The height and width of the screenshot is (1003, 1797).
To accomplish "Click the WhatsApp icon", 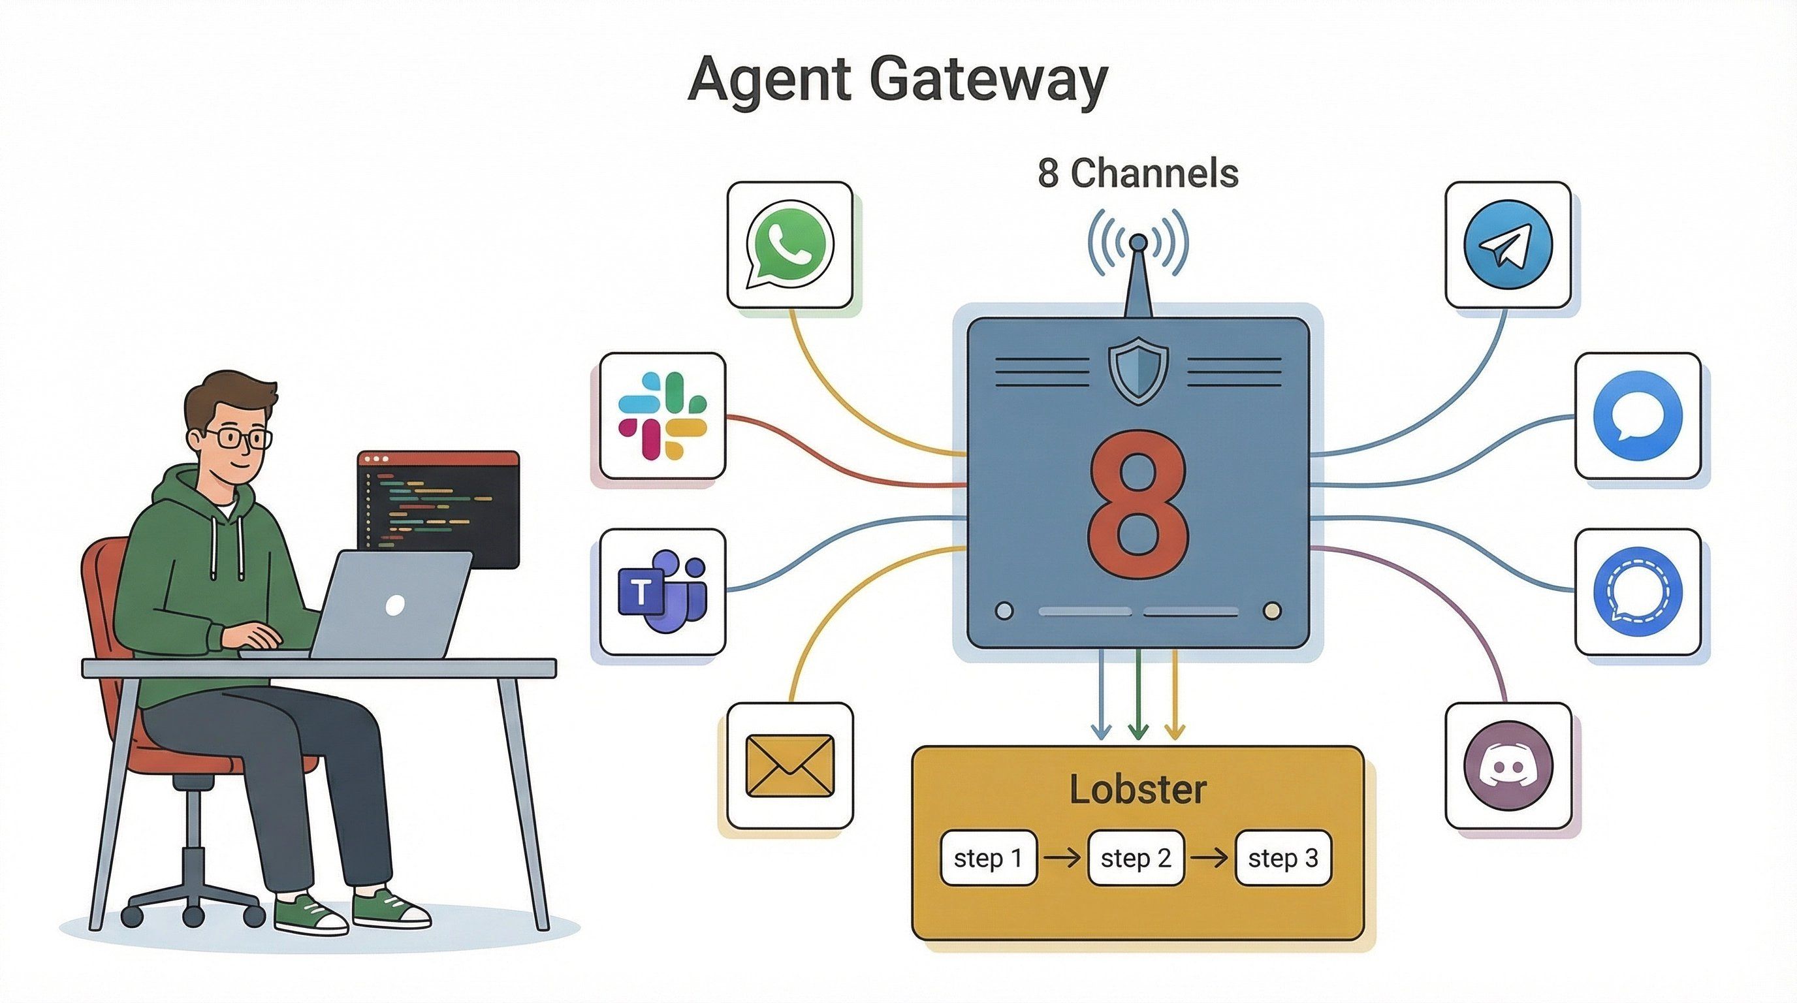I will point(789,245).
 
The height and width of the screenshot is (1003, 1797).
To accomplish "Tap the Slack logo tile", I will point(663,416).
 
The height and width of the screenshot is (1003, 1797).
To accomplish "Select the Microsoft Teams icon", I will point(663,592).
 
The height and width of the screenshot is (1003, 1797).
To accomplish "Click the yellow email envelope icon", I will point(789,765).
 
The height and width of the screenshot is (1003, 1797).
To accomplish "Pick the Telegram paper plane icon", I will point(1508,245).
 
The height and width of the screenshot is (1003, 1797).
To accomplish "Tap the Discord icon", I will point(1508,765).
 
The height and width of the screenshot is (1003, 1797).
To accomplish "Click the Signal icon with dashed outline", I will point(1638,592).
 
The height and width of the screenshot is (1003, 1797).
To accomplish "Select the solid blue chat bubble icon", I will point(1638,416).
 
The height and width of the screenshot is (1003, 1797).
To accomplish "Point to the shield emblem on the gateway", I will point(1137,370).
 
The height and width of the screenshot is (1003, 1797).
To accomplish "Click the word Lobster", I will point(1137,790).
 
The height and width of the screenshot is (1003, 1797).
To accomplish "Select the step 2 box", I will point(1136,858).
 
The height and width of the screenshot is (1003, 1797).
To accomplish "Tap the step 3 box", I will point(1283,858).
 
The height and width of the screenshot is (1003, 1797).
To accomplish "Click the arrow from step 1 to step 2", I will point(1062,858).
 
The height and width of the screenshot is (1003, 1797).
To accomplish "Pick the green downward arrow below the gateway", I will point(1137,694).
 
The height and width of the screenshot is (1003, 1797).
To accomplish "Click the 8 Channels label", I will point(1137,173).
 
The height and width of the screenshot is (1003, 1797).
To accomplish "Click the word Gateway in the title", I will point(989,80).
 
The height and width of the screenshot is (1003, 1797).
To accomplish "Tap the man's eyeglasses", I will point(237,439).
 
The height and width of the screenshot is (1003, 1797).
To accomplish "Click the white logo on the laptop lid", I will point(395,605).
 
